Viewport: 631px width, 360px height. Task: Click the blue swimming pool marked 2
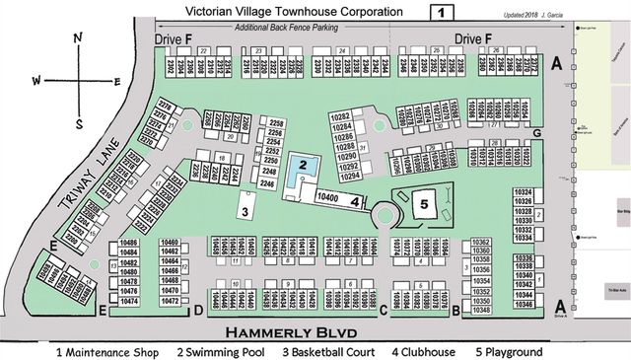306,164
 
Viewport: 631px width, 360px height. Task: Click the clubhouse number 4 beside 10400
353,200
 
